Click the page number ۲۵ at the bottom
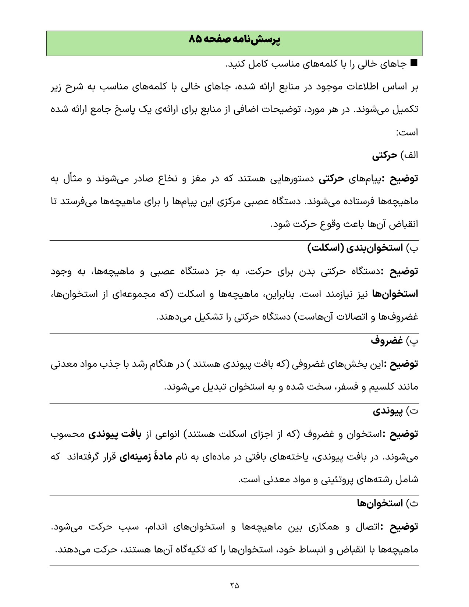(234, 585)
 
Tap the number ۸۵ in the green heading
(196, 40)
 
